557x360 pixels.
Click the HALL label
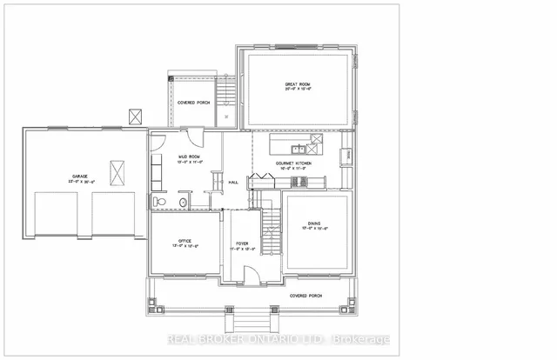point(233,183)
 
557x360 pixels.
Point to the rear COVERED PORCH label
point(193,103)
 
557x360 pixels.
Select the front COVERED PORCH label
point(306,296)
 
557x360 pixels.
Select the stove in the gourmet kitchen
point(299,181)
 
